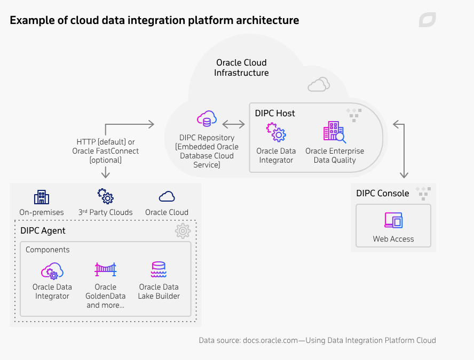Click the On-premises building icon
[41, 197]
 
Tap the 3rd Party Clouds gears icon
[105, 196]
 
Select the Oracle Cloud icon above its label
[167, 196]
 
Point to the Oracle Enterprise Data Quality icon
[334, 132]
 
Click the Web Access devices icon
[393, 221]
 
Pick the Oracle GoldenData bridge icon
[105, 270]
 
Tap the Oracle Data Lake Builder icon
[159, 270]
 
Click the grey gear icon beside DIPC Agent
[183, 231]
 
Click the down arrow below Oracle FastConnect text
[106, 172]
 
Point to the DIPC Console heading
[383, 193]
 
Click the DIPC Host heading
[275, 113]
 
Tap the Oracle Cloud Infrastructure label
[241, 68]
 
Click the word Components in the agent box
[48, 250]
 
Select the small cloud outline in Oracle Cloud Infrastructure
[319, 84]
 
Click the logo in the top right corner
[427, 20]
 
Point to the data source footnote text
[317, 340]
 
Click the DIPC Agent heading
[43, 230]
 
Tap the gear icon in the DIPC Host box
[276, 132]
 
